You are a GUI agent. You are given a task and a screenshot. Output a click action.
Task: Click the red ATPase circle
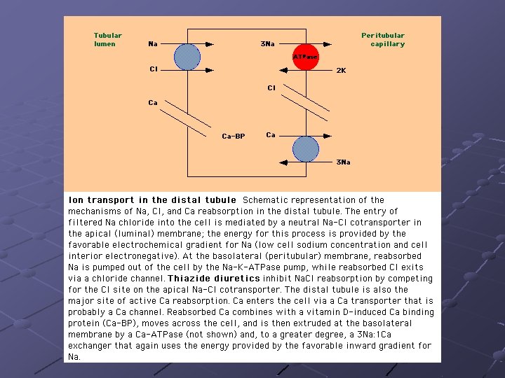(x=306, y=57)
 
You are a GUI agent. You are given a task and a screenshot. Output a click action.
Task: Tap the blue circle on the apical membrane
(x=187, y=57)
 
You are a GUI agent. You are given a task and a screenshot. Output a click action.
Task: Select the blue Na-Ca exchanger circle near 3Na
(x=306, y=149)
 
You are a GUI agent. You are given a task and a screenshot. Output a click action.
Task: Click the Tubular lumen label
(x=107, y=39)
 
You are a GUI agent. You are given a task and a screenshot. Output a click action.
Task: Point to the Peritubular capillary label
(x=383, y=39)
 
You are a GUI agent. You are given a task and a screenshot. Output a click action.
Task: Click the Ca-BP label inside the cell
(x=234, y=136)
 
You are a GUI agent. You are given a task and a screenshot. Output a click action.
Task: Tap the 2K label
(x=341, y=71)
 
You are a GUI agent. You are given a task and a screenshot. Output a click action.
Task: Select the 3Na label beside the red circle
(x=268, y=43)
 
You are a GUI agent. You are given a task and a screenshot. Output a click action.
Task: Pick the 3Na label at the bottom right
(x=343, y=162)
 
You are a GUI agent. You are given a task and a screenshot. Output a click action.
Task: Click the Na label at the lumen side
(x=153, y=43)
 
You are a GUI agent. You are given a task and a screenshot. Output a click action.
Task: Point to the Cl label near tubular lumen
(x=154, y=69)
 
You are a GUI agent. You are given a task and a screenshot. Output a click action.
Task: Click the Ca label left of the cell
(x=153, y=103)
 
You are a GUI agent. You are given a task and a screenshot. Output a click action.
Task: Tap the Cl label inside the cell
(x=271, y=88)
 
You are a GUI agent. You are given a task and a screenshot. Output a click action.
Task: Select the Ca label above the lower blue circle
(x=271, y=135)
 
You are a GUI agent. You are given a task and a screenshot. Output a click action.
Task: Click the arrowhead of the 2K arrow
(x=283, y=70)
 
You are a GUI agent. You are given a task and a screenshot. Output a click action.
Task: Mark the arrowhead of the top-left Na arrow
(x=210, y=44)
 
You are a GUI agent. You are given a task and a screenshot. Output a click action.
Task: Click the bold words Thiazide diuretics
(x=214, y=279)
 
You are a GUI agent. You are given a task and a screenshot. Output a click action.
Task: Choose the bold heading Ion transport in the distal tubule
(x=152, y=200)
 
